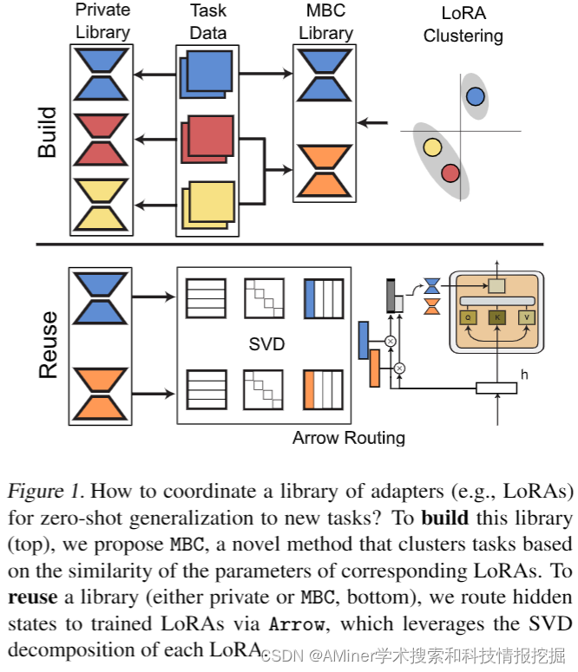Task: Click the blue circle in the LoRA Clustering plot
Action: tap(474, 96)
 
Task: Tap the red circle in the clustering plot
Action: tap(450, 173)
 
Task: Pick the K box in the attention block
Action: tap(496, 317)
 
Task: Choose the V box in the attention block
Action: tap(527, 317)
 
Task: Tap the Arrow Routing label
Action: tap(348, 437)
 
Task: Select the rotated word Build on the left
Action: tap(47, 132)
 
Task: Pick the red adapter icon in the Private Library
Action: tap(101, 138)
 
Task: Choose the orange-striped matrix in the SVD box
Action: tap(323, 388)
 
